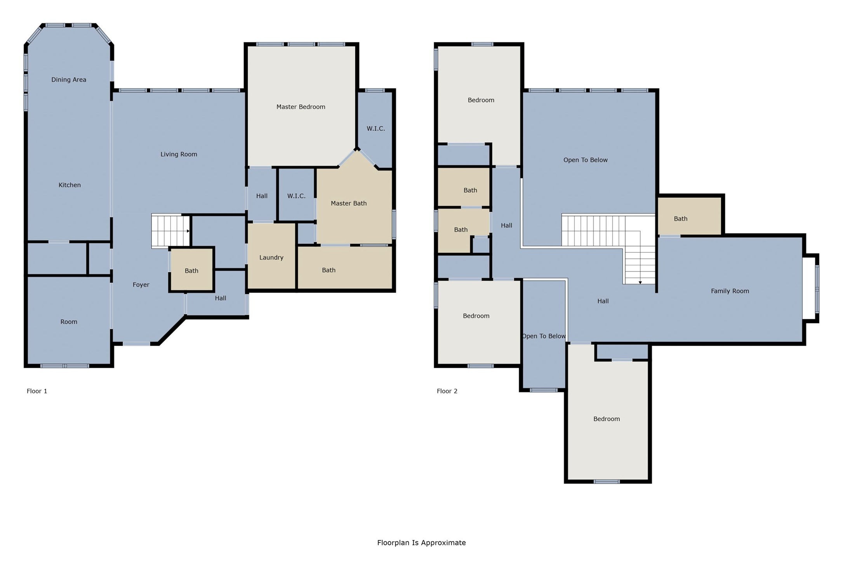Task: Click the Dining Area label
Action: (x=69, y=80)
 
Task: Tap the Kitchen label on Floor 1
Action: (x=70, y=185)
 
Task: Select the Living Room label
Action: (x=179, y=154)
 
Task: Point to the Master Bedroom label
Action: (x=301, y=107)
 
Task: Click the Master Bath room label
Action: (x=348, y=203)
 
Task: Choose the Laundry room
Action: (x=271, y=256)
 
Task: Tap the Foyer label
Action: (x=141, y=285)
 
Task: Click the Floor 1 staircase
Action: (x=170, y=231)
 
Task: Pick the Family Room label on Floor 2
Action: (x=730, y=291)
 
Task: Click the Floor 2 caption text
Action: (x=447, y=391)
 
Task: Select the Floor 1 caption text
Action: (x=37, y=391)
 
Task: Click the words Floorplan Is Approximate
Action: (x=421, y=543)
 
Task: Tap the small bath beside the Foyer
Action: (x=191, y=270)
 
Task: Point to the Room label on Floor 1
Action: (x=69, y=322)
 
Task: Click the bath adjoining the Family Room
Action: (x=690, y=216)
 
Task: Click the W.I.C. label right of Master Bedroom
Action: (x=375, y=129)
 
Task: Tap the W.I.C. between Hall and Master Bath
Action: (x=296, y=195)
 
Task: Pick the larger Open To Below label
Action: (x=585, y=160)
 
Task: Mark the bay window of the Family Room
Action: (x=811, y=288)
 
